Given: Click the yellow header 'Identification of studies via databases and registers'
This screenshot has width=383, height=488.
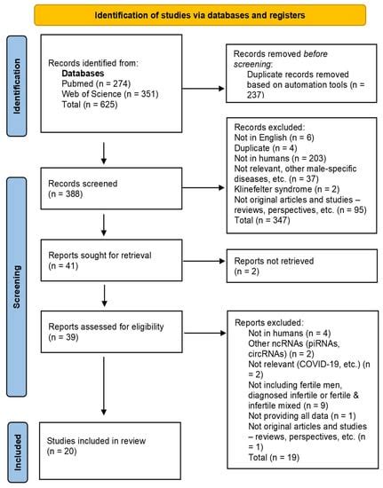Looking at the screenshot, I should pyautogui.click(x=192, y=15).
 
